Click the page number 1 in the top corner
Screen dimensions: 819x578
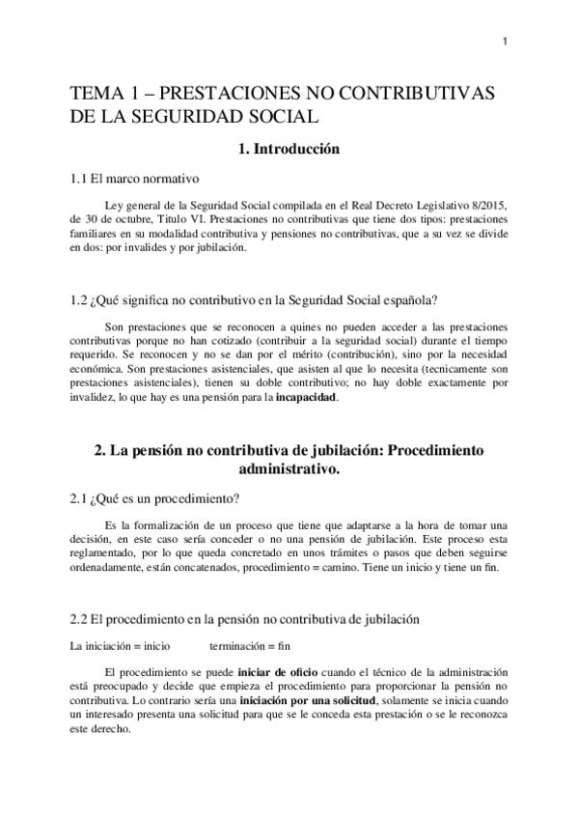[x=506, y=40]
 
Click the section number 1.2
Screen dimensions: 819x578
[x=82, y=300]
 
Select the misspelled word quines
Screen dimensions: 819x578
[x=279, y=325]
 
